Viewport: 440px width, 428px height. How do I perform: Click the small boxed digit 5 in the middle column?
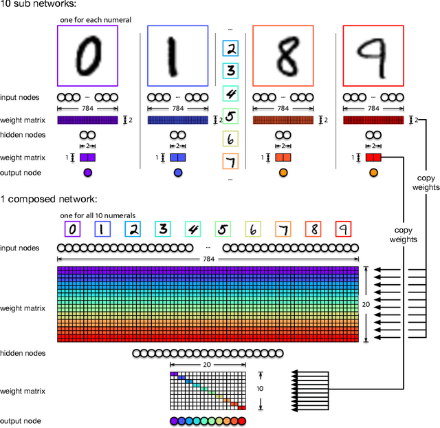pos(232,116)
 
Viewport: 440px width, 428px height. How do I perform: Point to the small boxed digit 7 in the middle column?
pos(232,162)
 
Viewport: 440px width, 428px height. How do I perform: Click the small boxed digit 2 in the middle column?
pos(232,49)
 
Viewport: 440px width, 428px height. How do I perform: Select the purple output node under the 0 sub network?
pos(87,173)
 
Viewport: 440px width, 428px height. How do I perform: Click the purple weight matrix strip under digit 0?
pos(87,120)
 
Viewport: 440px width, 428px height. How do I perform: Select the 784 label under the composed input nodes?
pos(208,259)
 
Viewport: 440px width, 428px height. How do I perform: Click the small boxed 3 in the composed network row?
pos(163,229)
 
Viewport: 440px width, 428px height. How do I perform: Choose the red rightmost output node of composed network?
pos(241,420)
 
